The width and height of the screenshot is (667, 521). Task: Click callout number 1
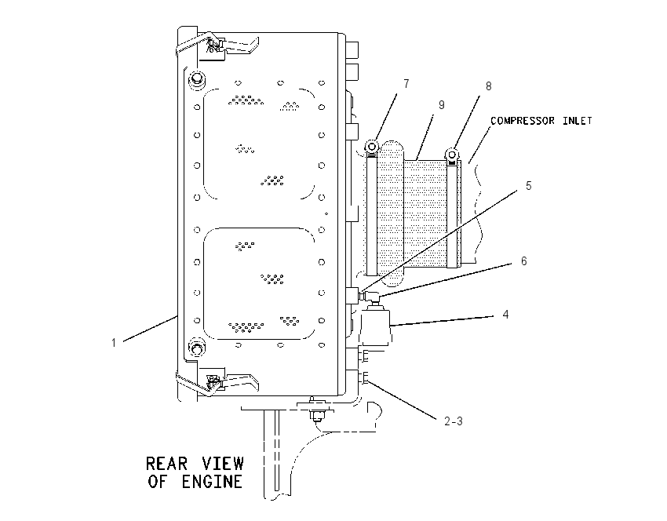pyautogui.click(x=114, y=342)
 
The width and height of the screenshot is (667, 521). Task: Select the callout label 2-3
pyautogui.click(x=454, y=421)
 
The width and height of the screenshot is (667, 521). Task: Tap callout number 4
pyautogui.click(x=505, y=315)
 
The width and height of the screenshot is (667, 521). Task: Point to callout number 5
pyautogui.click(x=528, y=186)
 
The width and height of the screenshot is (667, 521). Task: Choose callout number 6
pyautogui.click(x=523, y=260)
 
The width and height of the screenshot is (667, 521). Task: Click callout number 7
pyautogui.click(x=406, y=84)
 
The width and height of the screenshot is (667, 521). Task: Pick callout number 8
pyautogui.click(x=488, y=86)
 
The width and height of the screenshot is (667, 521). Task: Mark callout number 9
pyautogui.click(x=442, y=104)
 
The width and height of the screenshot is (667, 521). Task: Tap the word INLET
pyautogui.click(x=578, y=121)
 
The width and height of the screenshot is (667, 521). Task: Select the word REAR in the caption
pyautogui.click(x=166, y=463)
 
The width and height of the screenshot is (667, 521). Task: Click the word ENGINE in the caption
pyautogui.click(x=212, y=482)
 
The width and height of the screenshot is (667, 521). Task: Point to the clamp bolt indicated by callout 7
pyautogui.click(x=372, y=147)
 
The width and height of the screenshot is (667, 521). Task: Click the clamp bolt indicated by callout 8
pyautogui.click(x=452, y=154)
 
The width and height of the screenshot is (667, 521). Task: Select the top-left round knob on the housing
pyautogui.click(x=196, y=79)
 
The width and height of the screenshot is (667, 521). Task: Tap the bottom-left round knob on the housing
pyautogui.click(x=196, y=348)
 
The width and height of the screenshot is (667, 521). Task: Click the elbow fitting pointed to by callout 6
pyautogui.click(x=370, y=297)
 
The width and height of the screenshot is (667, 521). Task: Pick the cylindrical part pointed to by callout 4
pyautogui.click(x=375, y=326)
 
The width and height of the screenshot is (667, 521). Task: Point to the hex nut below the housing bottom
pyautogui.click(x=316, y=415)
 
